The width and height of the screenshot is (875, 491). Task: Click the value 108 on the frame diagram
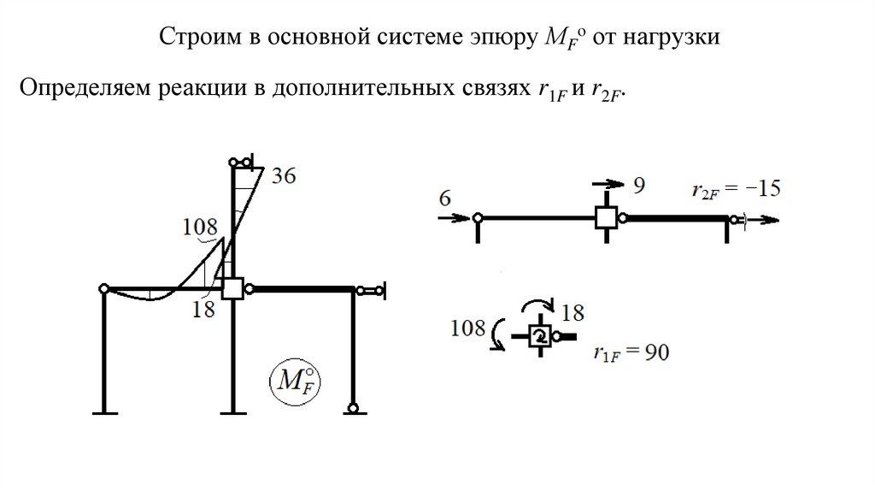[x=200, y=228]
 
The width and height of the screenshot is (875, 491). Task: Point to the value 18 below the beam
[x=203, y=309]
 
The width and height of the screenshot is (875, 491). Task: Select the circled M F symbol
[x=291, y=382]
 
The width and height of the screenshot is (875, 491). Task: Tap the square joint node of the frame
[x=232, y=288]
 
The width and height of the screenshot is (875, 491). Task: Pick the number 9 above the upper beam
[x=637, y=183]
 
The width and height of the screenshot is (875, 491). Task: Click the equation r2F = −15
[x=736, y=189]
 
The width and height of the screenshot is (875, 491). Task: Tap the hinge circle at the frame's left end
[x=103, y=289]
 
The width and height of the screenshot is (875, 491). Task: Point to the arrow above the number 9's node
[x=608, y=183]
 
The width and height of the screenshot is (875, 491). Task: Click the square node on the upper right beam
[x=607, y=218]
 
